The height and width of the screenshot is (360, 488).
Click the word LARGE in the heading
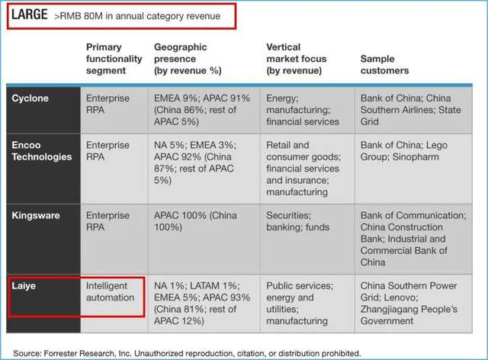(x=30, y=14)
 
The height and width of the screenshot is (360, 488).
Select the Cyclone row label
(x=30, y=98)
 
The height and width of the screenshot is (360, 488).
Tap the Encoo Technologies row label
(x=42, y=151)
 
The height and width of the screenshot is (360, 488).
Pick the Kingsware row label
(x=36, y=216)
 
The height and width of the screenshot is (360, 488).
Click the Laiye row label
(x=24, y=286)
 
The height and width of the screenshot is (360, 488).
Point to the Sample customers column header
(x=384, y=65)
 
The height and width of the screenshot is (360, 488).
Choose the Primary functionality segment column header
(x=114, y=59)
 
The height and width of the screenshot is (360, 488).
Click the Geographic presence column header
(x=188, y=59)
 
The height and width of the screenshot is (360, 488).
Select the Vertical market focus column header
(x=297, y=59)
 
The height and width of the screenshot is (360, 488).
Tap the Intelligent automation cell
(x=110, y=292)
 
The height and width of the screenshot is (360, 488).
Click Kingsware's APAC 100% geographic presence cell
(x=195, y=221)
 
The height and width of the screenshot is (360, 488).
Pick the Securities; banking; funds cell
(x=298, y=221)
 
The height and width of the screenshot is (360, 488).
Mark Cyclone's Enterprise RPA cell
(x=108, y=104)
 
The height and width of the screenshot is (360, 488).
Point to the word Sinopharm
(x=416, y=157)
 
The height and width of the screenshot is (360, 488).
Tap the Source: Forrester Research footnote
(x=187, y=353)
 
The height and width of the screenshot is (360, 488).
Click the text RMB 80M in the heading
(x=82, y=16)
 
